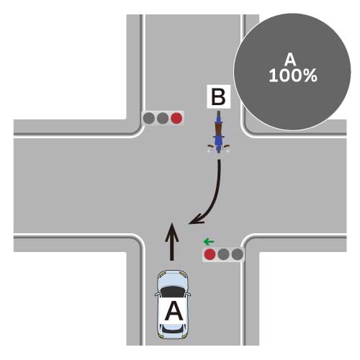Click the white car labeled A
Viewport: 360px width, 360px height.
tap(173, 305)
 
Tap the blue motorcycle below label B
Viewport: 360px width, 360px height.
tap(218, 132)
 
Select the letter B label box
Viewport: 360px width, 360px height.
tap(219, 96)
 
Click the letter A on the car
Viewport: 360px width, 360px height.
tap(174, 311)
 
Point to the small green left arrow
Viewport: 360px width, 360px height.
tap(209, 242)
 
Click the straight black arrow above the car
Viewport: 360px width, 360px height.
tap(171, 241)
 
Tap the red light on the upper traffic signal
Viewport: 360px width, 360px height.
tap(176, 118)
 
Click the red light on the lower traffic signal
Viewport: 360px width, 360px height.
tap(210, 254)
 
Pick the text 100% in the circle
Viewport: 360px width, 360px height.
tap(293, 76)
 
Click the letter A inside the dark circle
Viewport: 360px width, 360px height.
tap(290, 60)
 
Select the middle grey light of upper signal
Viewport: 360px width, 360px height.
tap(163, 118)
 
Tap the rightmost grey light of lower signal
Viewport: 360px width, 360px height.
tap(238, 254)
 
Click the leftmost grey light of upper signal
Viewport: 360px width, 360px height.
tap(149, 118)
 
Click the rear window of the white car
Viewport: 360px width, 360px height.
tap(172, 328)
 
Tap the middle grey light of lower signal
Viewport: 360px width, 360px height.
tap(224, 254)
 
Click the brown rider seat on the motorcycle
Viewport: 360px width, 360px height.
tap(218, 129)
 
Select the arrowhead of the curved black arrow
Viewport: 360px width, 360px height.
tap(196, 220)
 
